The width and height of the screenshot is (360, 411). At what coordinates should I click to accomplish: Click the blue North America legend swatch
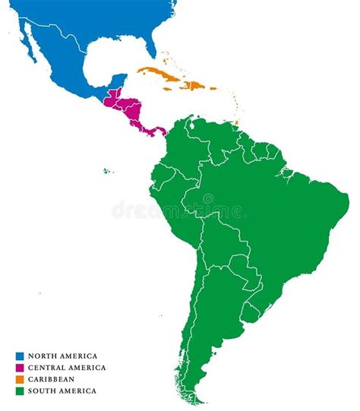tap(20, 356)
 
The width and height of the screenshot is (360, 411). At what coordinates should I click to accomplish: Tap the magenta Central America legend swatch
tap(20, 368)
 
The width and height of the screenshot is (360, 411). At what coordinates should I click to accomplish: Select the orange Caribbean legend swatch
tap(20, 379)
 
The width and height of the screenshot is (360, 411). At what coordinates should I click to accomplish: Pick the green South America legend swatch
tap(20, 390)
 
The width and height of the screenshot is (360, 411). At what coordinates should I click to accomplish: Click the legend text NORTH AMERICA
tap(62, 356)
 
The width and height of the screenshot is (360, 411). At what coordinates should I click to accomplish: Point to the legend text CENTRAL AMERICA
tap(67, 368)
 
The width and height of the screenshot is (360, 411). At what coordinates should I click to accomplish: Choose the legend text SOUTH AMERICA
tap(62, 390)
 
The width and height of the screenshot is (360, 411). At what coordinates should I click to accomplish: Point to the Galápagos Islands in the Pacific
tap(108, 170)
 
